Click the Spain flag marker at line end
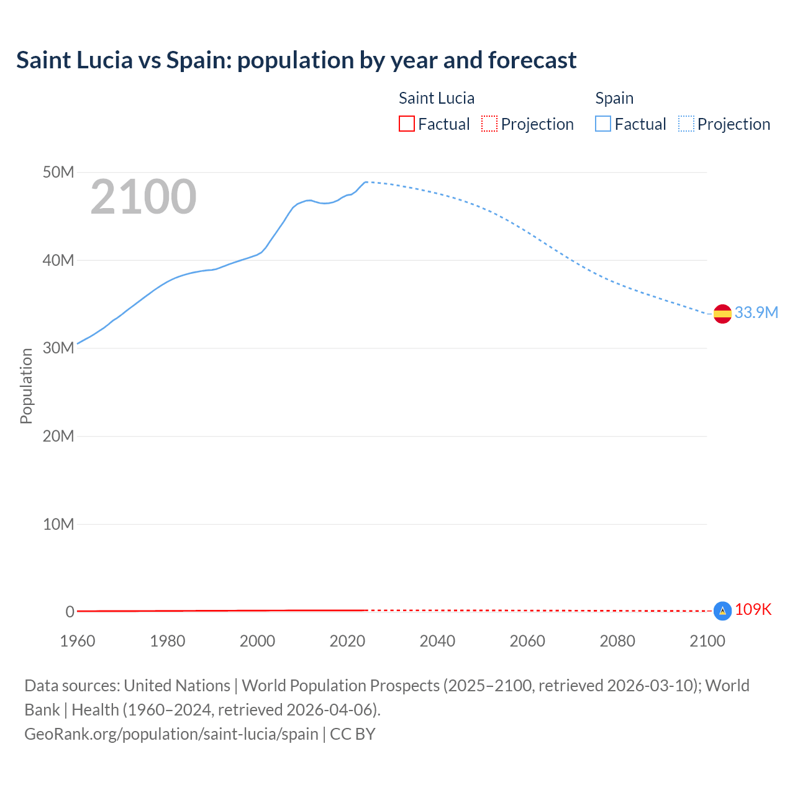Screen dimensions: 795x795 tap(722, 314)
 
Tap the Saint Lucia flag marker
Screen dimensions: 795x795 tap(722, 611)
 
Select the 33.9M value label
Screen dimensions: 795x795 tap(756, 312)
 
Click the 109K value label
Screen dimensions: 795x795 tap(753, 609)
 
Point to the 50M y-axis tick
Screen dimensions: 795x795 tap(58, 172)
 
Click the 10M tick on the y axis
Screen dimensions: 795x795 tap(58, 524)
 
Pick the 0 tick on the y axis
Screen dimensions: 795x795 tap(70, 612)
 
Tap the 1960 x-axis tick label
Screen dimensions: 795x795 tap(78, 641)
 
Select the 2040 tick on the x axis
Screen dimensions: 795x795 tap(437, 641)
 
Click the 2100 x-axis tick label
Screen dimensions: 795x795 tap(707, 641)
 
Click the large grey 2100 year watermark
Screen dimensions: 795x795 tap(143, 197)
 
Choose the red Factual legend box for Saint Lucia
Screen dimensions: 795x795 tap(407, 124)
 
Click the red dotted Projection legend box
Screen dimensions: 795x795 tap(489, 124)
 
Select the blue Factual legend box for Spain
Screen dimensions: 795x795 tap(603, 124)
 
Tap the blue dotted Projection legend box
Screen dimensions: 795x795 tap(686, 124)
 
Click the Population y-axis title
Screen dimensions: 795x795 tap(26, 386)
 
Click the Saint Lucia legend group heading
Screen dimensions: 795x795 tap(436, 98)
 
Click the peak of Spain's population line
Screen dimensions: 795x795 tap(366, 182)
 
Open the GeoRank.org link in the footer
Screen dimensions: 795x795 tap(171, 734)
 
